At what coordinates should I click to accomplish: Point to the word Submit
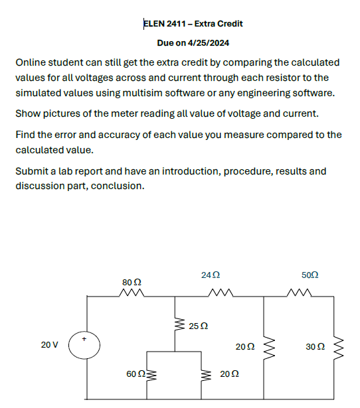33,171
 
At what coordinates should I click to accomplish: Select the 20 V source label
49,345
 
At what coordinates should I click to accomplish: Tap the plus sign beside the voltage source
84,338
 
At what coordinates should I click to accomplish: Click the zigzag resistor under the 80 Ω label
133,294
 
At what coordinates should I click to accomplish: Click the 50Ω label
310,275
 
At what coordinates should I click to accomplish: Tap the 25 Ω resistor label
199,326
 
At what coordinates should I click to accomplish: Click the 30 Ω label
315,346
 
